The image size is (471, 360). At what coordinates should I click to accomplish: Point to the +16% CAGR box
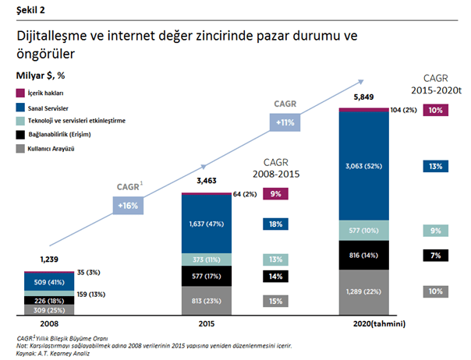[x=128, y=206]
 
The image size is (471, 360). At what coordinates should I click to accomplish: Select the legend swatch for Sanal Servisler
[x=20, y=107]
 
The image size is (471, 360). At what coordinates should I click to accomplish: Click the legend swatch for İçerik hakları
[x=20, y=93]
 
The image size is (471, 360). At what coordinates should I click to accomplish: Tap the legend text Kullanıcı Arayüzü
[x=55, y=147]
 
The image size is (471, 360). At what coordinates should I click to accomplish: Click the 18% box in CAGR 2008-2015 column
[x=276, y=224]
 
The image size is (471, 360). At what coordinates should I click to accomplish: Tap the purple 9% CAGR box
[x=276, y=194]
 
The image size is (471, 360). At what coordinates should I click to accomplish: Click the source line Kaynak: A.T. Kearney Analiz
[x=51, y=354]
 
